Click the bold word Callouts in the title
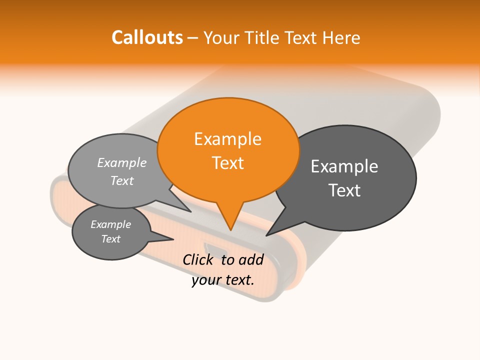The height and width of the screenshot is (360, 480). tap(147, 37)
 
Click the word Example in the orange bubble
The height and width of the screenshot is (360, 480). tap(228, 139)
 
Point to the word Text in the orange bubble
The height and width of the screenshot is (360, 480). tap(228, 163)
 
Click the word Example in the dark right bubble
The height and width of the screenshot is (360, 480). tap(344, 166)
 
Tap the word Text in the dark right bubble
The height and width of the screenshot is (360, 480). tap(344, 190)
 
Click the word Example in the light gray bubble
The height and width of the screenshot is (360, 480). tap(122, 163)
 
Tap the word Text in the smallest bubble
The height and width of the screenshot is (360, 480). tap(111, 239)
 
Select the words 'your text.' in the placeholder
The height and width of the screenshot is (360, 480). tap(223, 280)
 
